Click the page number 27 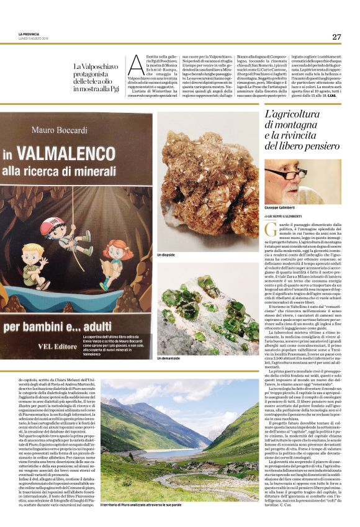[336, 37]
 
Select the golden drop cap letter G [269, 230]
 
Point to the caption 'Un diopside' [167, 255]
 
